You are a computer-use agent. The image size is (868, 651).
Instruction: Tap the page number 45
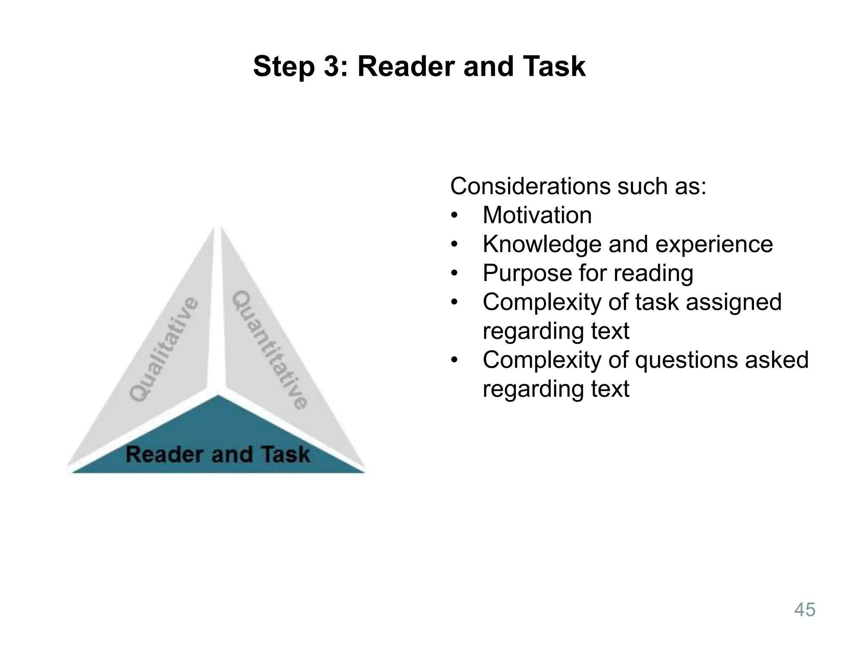804,610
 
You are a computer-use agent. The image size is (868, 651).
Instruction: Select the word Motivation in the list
537,215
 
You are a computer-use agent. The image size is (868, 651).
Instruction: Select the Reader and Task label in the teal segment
218,454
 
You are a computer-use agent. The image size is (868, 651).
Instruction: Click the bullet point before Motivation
455,216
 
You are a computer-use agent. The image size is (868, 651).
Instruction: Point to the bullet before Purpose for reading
455,273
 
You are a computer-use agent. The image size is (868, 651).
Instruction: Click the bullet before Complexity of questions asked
455,360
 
